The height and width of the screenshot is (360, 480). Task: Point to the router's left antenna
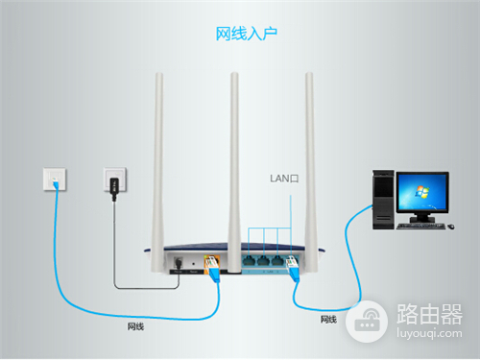point(158,154)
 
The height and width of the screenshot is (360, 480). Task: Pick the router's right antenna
point(310,154)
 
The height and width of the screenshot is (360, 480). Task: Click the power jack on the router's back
point(179,262)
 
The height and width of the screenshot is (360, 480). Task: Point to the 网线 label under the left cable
point(136,326)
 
